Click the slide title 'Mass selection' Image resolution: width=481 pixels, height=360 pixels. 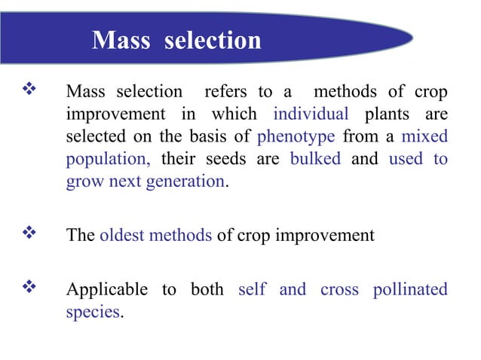tap(176, 39)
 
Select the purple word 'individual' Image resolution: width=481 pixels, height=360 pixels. tap(311, 115)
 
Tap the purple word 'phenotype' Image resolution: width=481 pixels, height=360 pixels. tap(296, 137)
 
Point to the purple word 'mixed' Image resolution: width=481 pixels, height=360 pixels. tap(424, 137)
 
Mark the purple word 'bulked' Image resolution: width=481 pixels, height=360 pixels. tap(315, 160)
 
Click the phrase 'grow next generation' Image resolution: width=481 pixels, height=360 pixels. tap(145, 182)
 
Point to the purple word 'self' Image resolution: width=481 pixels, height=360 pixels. tap(252, 290)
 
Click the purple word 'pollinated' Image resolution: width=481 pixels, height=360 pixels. tap(409, 290)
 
